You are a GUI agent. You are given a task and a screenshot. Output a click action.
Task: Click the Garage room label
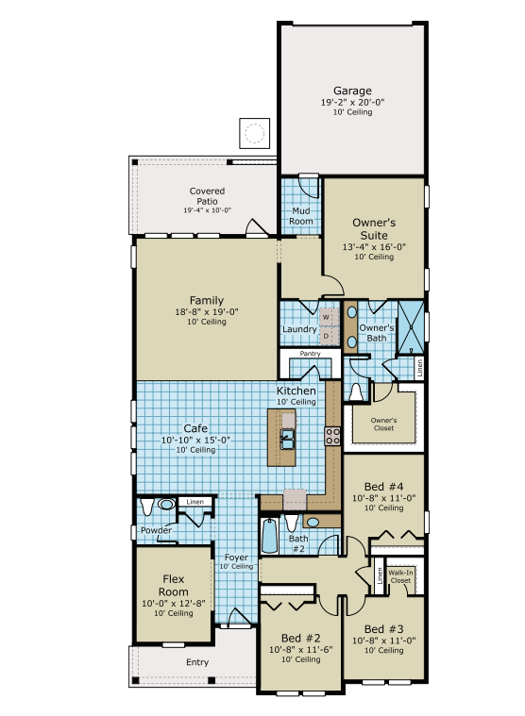(351, 91)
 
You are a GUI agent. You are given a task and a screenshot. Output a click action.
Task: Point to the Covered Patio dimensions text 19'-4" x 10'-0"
(207, 210)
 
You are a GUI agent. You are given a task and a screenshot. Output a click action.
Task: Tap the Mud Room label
(301, 216)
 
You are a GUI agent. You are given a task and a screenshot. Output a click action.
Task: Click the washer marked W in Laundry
(326, 318)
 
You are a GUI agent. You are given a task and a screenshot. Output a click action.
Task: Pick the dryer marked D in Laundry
(326, 335)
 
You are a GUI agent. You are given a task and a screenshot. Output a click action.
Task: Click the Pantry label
(311, 354)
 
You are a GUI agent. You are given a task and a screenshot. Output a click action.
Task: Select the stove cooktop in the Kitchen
(332, 435)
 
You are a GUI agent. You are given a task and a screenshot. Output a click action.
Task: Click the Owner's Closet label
(382, 424)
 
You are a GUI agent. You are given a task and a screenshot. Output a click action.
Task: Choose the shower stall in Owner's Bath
(410, 325)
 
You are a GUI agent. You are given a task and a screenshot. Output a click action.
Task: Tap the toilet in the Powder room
(146, 508)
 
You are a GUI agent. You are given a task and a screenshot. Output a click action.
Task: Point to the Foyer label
(236, 558)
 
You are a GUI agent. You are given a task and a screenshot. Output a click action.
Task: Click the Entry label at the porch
(196, 662)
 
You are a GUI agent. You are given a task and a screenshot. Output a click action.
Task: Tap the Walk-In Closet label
(401, 575)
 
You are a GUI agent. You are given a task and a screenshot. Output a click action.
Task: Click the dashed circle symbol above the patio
(254, 133)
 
